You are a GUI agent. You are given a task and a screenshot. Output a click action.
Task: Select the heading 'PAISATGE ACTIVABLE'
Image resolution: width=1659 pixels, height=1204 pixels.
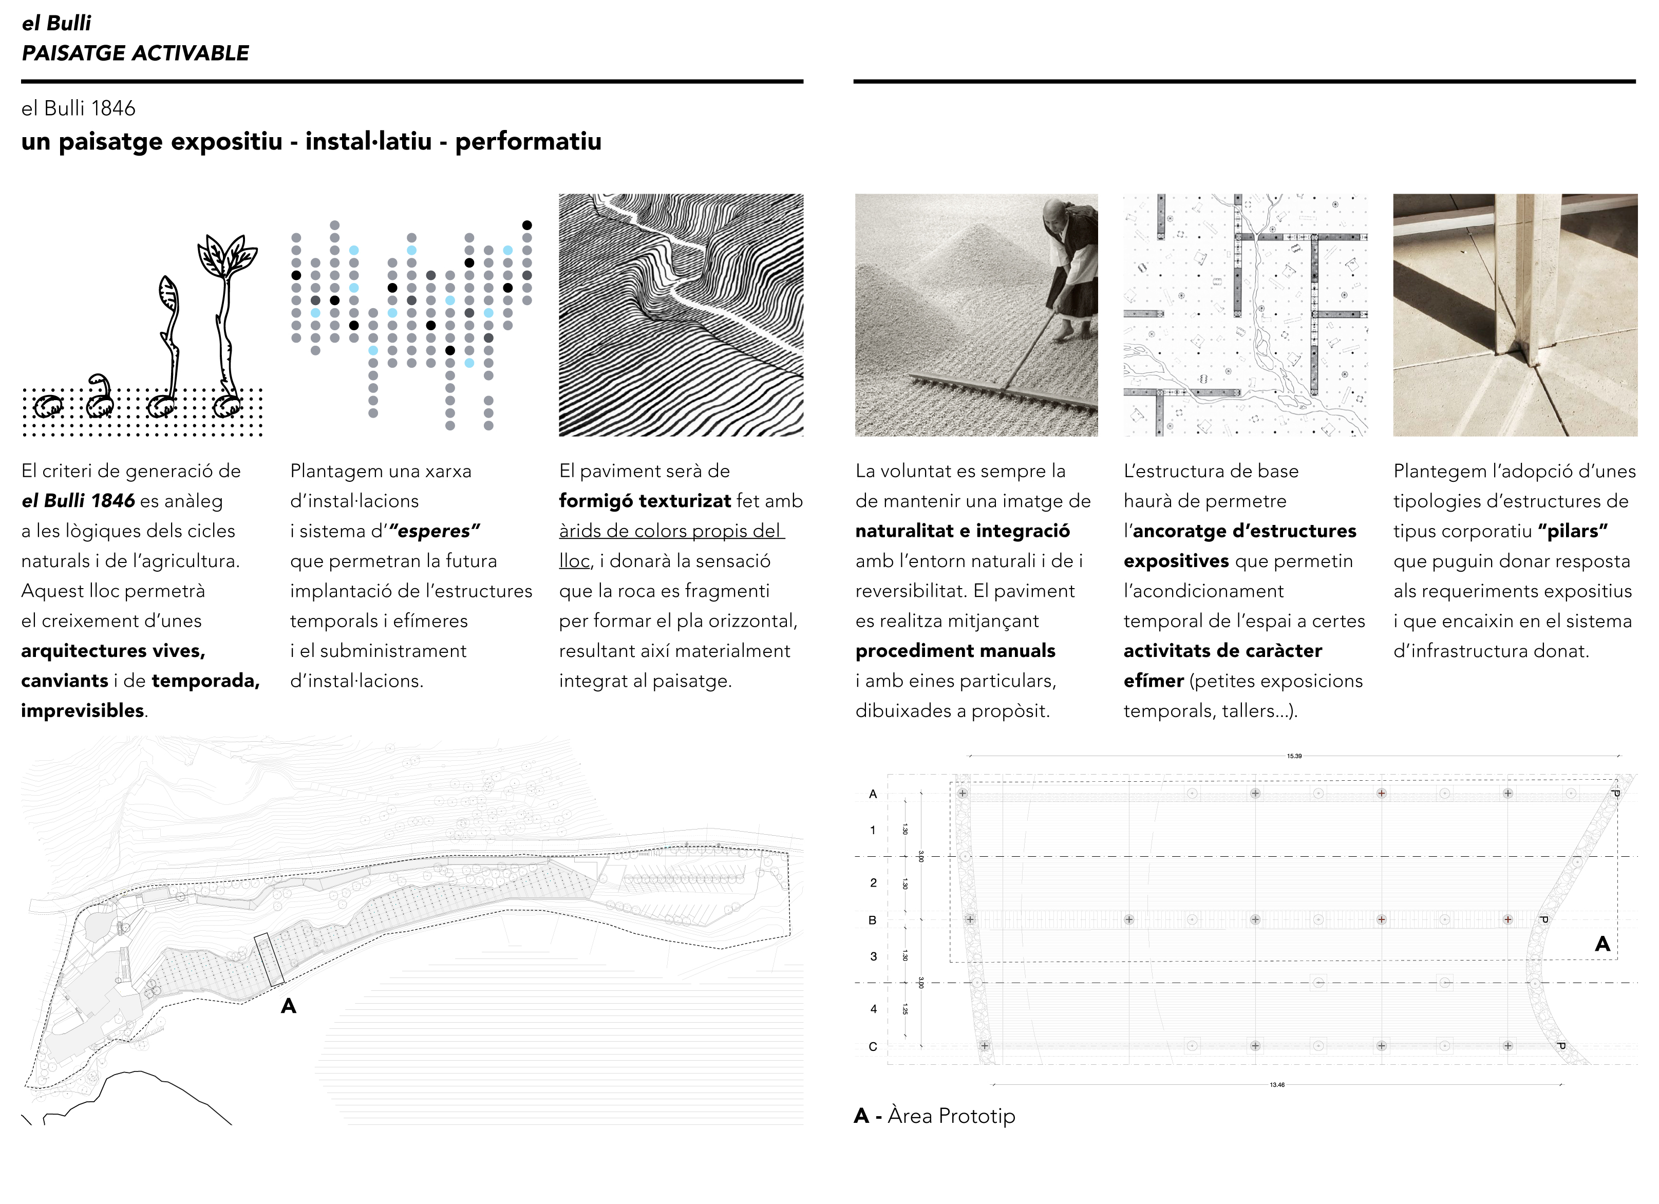[135, 53]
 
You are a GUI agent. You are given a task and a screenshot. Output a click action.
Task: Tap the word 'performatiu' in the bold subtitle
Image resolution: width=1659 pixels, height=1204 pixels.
[528, 141]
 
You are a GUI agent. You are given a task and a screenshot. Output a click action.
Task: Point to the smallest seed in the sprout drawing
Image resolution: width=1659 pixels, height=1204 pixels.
[49, 406]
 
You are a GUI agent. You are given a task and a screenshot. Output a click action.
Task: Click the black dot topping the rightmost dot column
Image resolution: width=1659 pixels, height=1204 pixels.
[526, 225]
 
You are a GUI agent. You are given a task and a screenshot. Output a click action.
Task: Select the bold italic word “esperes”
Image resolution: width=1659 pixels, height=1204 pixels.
[435, 531]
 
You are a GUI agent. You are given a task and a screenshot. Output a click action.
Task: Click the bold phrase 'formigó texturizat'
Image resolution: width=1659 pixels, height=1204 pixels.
[645, 501]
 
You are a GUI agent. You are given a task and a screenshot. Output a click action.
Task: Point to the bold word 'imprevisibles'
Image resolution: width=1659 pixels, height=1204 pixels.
[83, 711]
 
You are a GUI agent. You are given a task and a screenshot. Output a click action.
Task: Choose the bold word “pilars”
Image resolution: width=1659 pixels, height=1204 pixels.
[1573, 531]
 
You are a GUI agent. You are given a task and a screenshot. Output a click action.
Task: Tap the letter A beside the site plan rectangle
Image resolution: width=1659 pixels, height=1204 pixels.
[288, 1007]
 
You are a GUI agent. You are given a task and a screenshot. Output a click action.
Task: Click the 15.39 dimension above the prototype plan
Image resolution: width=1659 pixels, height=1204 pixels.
[1294, 756]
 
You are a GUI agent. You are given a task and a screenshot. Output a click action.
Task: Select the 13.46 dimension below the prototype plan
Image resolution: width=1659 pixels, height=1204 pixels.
[1276, 1085]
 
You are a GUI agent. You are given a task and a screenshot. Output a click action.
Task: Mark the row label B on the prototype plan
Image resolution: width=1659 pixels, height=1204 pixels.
[872, 920]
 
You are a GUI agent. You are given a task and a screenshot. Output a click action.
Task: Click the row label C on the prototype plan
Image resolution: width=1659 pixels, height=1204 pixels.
[873, 1047]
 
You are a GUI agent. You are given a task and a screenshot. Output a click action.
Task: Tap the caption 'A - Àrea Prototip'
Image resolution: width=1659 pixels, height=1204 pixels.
[935, 1116]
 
